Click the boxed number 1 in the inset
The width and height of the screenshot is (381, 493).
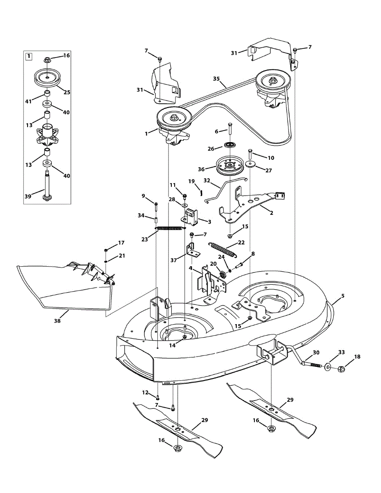29,57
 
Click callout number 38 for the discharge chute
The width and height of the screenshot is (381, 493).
57,321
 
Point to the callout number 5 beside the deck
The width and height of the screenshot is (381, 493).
343,296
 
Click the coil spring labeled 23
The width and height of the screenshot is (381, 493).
170,228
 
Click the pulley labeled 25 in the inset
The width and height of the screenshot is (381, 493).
48,77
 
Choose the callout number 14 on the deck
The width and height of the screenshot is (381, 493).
172,346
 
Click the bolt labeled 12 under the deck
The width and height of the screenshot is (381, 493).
157,397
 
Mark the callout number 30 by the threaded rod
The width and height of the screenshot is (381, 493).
316,352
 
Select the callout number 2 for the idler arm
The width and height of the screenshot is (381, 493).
271,213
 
